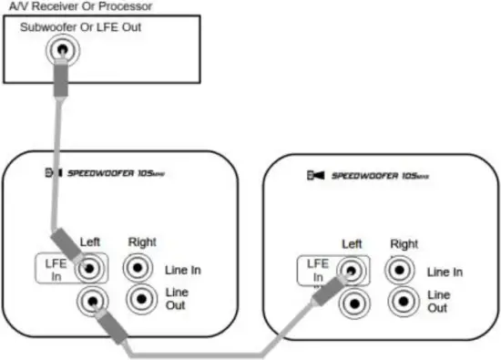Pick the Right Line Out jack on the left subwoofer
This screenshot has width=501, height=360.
point(139,299)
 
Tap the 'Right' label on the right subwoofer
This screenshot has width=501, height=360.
point(404,244)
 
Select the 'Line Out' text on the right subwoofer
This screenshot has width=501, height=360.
point(438,302)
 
